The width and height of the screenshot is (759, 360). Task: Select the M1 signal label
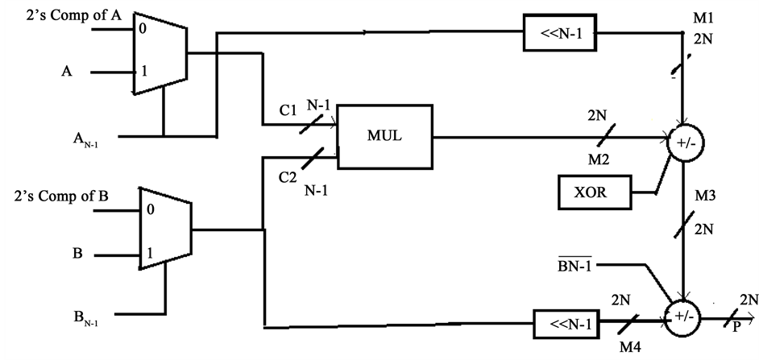coord(702,18)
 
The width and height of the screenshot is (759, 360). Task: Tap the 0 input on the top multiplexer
coord(143,28)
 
